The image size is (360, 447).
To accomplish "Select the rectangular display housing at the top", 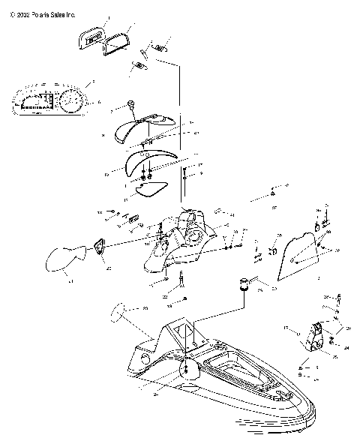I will [91, 37].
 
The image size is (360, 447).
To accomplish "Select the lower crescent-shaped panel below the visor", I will [147, 163].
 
